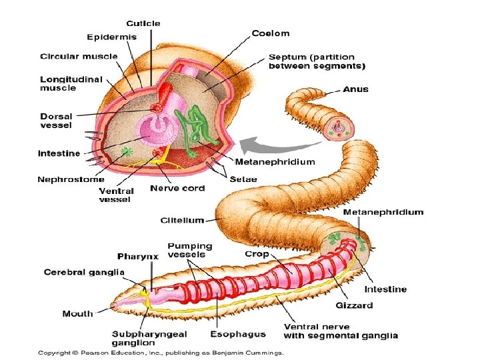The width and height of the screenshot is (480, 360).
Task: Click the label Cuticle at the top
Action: click(144, 24)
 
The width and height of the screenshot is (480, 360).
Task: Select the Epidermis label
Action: click(112, 37)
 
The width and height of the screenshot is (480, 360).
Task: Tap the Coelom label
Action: click(271, 33)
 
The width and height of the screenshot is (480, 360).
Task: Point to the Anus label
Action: click(356, 89)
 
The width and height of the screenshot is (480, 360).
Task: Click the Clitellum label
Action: click(182, 219)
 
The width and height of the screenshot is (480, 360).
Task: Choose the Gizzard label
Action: click(354, 305)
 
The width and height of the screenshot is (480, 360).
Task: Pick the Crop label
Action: click(257, 254)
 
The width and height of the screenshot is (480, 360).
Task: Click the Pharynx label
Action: click(138, 256)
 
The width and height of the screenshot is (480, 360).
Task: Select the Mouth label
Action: click(78, 313)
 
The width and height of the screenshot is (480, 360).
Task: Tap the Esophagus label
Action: click(238, 335)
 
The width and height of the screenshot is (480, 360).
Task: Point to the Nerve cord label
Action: click(177, 188)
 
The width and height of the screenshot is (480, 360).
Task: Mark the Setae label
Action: click(243, 179)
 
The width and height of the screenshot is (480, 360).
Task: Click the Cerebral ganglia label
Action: click(75, 272)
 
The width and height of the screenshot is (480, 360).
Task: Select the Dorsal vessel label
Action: click(56, 120)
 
